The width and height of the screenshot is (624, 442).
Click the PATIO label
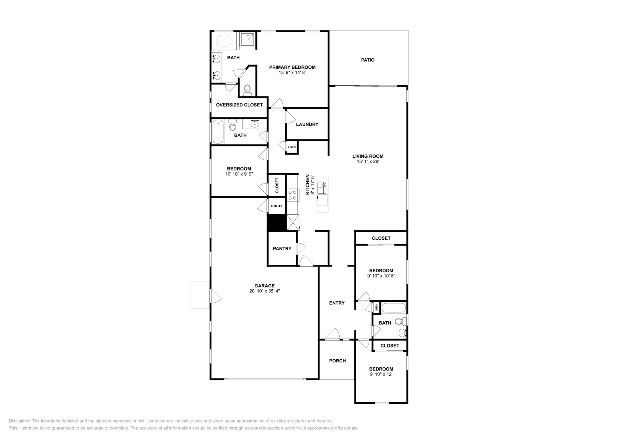point(367,60)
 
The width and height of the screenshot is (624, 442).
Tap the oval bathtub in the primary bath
point(224,40)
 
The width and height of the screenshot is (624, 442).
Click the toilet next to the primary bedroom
point(246,90)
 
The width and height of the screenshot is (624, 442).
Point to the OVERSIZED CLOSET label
point(239,105)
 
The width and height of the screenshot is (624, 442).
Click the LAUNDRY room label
point(307,124)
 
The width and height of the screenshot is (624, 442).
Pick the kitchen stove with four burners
point(292,194)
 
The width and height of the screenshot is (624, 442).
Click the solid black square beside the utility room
point(277,223)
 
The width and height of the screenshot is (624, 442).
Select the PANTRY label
point(282,248)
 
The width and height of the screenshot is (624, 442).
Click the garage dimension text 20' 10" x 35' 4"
point(264,291)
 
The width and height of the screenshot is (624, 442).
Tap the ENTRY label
point(337,303)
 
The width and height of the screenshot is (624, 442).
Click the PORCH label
point(337,361)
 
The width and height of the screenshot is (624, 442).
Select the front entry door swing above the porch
point(332,334)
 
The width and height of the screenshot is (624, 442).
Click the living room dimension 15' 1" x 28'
point(367,161)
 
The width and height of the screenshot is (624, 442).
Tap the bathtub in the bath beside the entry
point(394,308)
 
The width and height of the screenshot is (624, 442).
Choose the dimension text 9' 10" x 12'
point(381,374)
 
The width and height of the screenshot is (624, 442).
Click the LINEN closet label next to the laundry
point(292,147)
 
